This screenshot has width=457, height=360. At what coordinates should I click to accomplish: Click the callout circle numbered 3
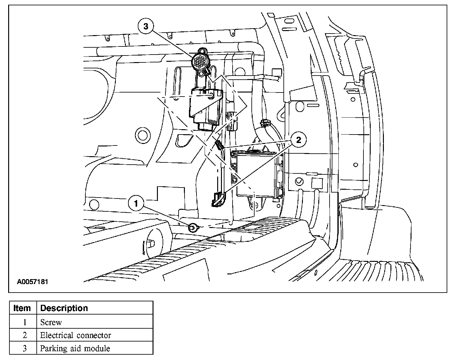pyautogui.click(x=146, y=26)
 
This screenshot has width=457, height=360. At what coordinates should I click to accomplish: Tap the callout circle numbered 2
pyautogui.click(x=298, y=140)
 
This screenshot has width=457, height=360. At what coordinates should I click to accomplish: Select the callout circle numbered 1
pyautogui.click(x=136, y=204)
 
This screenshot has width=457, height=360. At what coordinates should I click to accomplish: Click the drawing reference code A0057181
pyautogui.click(x=32, y=282)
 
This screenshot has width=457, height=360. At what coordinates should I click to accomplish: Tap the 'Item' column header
pyautogui.click(x=22, y=308)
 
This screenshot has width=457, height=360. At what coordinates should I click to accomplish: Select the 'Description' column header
pyautogui.click(x=64, y=308)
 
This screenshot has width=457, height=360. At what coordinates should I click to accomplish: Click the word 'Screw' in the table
pyautogui.click(x=51, y=322)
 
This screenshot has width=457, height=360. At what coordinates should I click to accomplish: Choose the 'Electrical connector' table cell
pyautogui.click(x=76, y=335)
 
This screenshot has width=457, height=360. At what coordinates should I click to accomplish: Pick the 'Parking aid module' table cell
pyautogui.click(x=75, y=348)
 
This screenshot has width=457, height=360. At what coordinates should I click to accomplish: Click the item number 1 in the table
pyautogui.click(x=25, y=322)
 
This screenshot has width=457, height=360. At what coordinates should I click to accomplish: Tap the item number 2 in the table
pyautogui.click(x=25, y=335)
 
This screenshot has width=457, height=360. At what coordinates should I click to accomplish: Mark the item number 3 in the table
pyautogui.click(x=25, y=348)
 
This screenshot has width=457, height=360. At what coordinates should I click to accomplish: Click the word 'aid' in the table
pyautogui.click(x=72, y=348)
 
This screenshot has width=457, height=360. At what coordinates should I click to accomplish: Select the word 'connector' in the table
pyautogui.click(x=94, y=335)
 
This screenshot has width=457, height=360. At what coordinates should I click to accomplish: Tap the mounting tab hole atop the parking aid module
pyautogui.click(x=201, y=51)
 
